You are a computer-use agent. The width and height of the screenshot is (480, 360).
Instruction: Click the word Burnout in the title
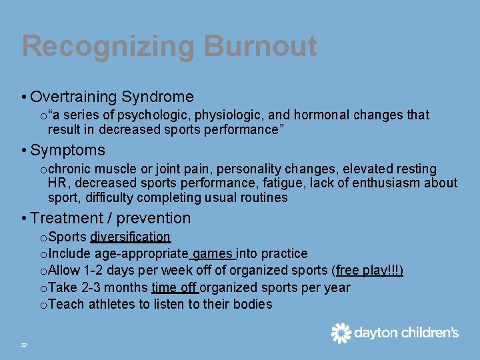pos(260,47)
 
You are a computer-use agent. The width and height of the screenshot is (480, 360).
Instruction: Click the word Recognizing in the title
pos(107,47)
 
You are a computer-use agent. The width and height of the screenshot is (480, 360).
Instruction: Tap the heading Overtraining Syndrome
pos(111,97)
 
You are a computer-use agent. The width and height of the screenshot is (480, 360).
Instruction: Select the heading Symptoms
pos(67,150)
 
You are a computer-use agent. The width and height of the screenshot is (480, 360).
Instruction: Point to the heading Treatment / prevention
pos(110,218)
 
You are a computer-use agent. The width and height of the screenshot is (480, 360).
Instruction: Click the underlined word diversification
pos(131,237)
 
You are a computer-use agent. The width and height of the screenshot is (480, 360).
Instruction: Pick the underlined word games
pos(213,254)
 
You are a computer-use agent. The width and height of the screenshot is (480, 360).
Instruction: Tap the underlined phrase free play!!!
pos(369,271)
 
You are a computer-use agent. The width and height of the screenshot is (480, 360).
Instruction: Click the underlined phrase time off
pos(174,288)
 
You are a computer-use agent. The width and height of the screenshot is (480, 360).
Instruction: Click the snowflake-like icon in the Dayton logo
pos(341,333)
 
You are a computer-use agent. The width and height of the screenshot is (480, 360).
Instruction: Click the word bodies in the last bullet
pos(252,305)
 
